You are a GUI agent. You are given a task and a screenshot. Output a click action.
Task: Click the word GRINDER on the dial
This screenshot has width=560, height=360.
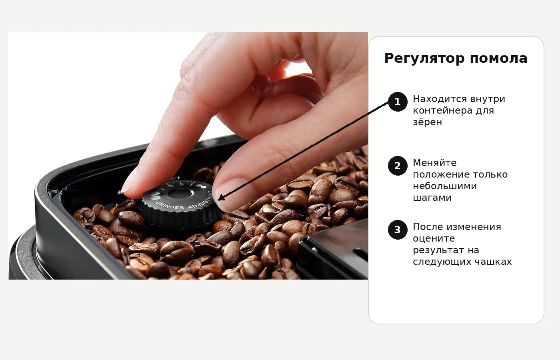pyautogui.click(x=170, y=206)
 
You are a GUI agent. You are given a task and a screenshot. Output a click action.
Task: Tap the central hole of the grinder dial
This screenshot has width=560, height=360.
pyautogui.click(x=180, y=194)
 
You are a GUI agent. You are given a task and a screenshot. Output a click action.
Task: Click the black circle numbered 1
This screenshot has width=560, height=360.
pyautogui.click(x=398, y=102)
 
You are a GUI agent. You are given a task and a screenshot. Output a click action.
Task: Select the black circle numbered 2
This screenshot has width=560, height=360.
pyautogui.click(x=398, y=166)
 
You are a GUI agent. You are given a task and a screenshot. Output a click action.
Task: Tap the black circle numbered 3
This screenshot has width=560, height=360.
pyautogui.click(x=398, y=230)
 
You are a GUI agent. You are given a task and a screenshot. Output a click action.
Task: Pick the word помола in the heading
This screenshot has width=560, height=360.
pyautogui.click(x=499, y=59)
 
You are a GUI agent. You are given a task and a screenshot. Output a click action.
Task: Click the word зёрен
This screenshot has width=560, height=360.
pyautogui.click(x=428, y=122)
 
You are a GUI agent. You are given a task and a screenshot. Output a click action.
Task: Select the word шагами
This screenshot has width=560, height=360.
pyautogui.click(x=432, y=198)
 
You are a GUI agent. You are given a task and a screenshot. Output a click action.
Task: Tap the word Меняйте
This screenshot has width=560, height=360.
pyautogui.click(x=435, y=163)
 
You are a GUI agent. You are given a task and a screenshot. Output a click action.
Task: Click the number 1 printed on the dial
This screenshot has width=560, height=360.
pyautogui.click(x=192, y=184)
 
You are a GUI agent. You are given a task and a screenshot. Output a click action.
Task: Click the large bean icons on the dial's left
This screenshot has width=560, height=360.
pyautogui.click(x=155, y=196)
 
